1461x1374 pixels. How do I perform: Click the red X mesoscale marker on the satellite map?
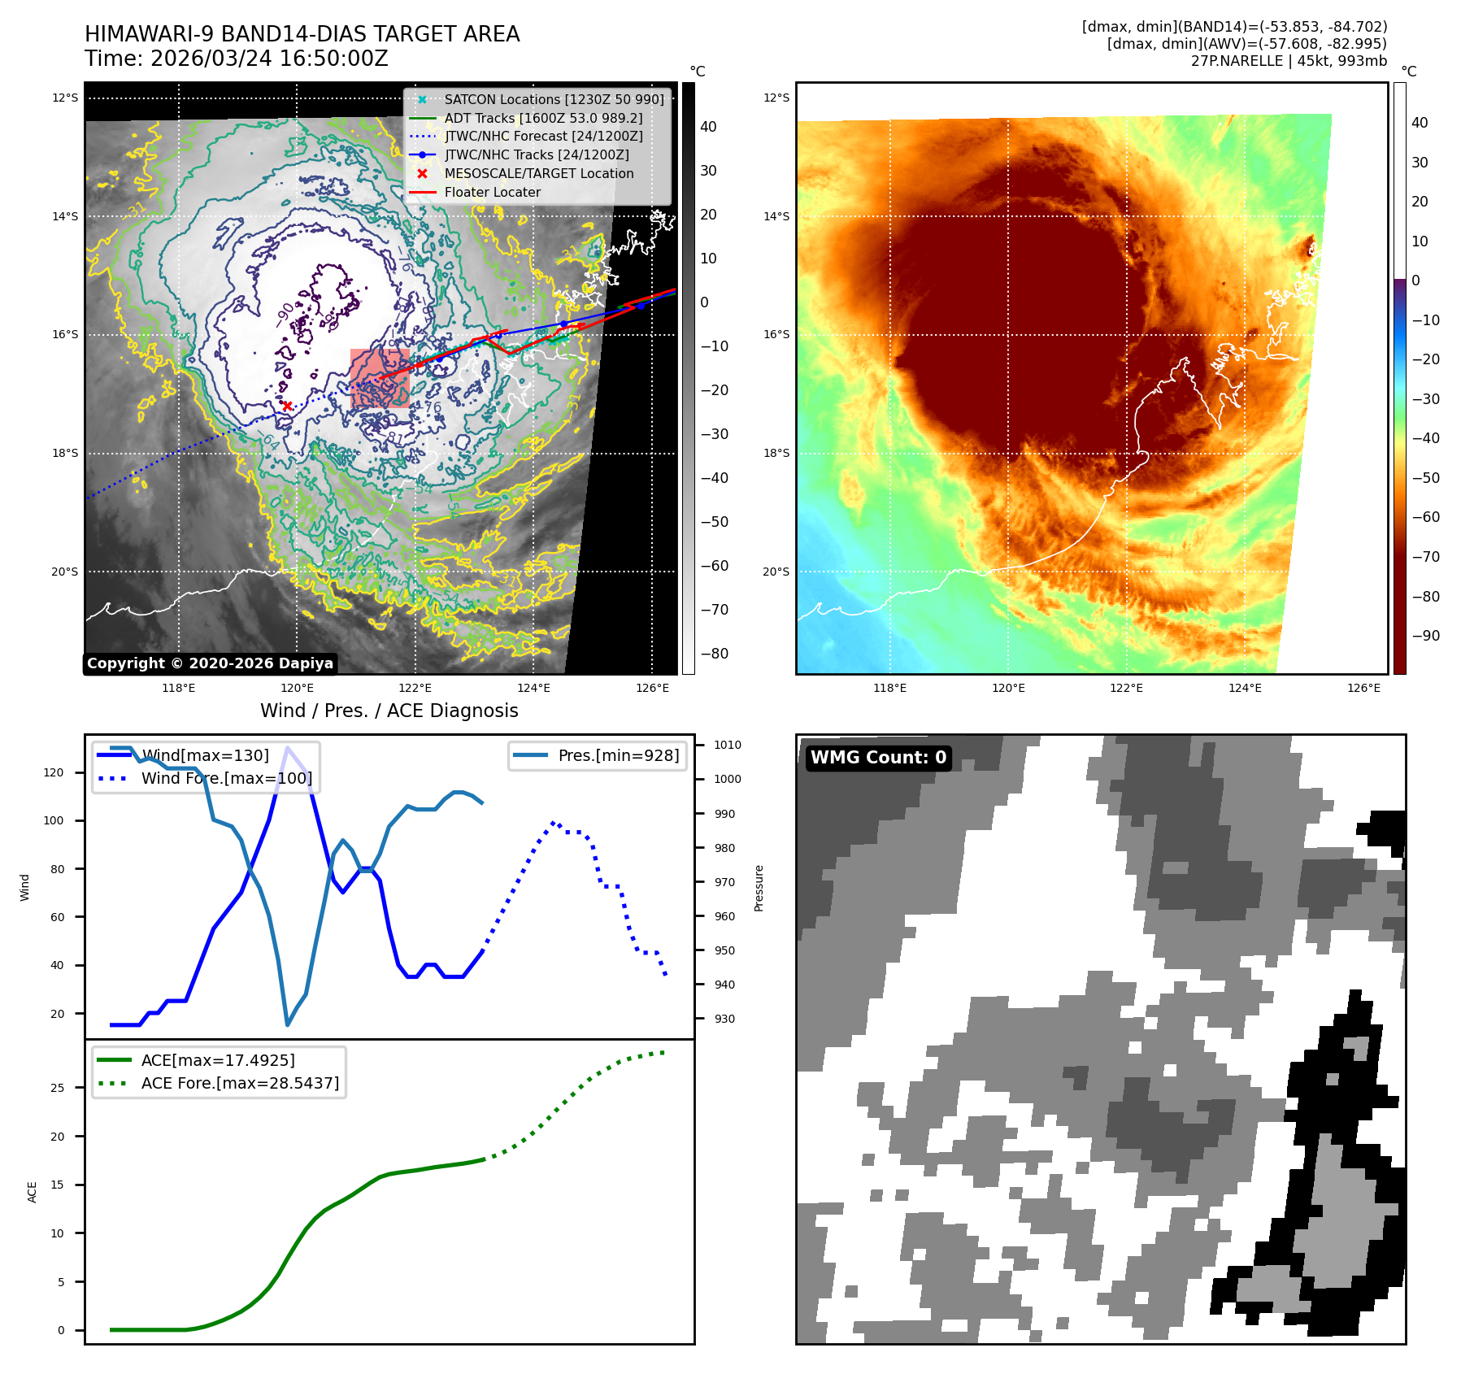286,406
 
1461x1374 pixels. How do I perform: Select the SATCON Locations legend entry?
553,99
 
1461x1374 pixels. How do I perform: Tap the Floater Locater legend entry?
492,192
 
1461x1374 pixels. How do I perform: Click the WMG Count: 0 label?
878,758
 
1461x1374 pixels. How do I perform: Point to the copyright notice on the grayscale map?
210,663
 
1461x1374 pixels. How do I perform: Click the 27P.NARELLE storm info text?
1289,61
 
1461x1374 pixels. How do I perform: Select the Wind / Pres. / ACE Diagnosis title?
389,711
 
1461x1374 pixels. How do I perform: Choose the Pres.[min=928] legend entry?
618,755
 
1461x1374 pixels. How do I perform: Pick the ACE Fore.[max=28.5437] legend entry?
240,1083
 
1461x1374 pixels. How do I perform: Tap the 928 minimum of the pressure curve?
287,1024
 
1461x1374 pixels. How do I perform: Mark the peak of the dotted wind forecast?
554,823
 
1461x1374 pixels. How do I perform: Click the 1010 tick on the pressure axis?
727,745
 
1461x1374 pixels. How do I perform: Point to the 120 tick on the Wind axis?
54,772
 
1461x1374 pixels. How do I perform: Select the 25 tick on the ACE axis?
57,1088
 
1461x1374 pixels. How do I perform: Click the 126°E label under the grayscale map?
652,688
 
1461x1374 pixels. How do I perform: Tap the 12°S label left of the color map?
776,98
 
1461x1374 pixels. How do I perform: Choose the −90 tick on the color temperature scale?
1425,636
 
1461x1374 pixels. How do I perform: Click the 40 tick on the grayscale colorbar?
708,127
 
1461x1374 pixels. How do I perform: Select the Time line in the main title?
236,59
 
